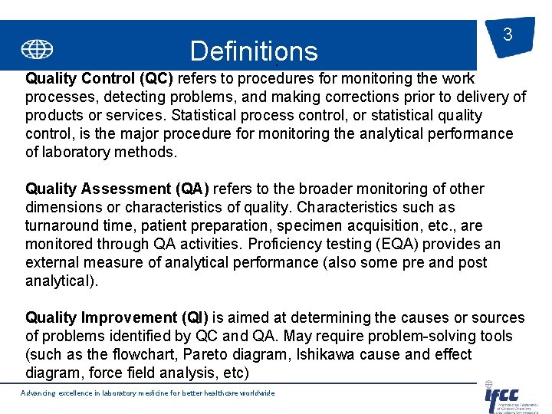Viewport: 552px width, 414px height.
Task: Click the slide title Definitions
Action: point(253,51)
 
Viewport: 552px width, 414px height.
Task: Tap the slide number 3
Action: point(507,34)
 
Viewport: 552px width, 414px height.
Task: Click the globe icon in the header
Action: point(37,50)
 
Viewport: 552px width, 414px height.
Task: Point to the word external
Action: point(54,262)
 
